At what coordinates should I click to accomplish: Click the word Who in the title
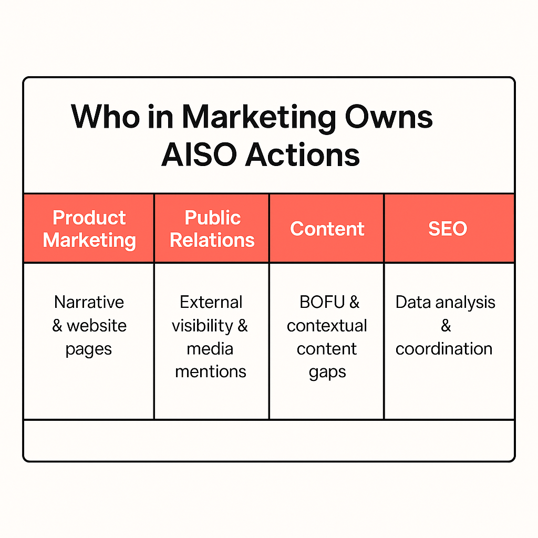[105, 117]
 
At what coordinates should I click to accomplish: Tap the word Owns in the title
[388, 117]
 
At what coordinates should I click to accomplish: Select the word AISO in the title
[199, 155]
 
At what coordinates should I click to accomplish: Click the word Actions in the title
[302, 155]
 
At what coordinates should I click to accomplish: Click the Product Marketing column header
[89, 229]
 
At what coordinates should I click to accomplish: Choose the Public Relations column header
[212, 229]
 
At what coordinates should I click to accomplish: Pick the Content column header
[327, 229]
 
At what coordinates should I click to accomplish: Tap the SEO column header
[449, 229]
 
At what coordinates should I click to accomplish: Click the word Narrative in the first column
[89, 302]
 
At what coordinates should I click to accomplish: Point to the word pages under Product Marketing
[88, 350]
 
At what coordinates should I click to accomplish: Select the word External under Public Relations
[211, 302]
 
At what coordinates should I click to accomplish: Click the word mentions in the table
[211, 371]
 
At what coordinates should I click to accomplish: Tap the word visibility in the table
[202, 326]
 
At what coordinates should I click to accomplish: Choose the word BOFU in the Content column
[322, 302]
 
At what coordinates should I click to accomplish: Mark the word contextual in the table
[327, 326]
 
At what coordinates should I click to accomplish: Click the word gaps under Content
[327, 373]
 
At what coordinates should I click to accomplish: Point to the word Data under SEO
[413, 302]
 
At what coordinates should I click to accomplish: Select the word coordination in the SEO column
[444, 349]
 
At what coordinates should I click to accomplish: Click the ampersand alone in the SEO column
[446, 326]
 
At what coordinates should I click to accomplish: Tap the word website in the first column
[97, 326]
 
